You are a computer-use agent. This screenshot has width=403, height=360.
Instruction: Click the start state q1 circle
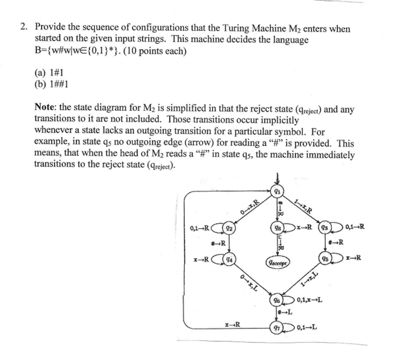tap(278, 192)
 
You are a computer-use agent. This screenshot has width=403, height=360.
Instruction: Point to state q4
tap(229, 259)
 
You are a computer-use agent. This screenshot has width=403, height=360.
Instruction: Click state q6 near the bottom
tap(277, 300)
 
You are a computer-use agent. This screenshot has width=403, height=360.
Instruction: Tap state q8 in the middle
tap(277, 227)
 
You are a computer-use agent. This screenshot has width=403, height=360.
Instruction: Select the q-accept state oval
tap(277, 262)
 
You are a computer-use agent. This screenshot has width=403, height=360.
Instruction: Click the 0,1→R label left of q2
tap(200, 227)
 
